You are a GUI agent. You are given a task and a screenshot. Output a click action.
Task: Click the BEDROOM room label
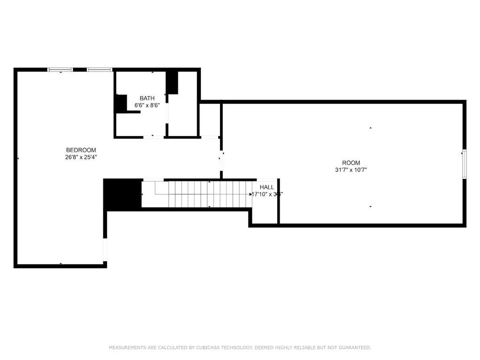click(81, 150)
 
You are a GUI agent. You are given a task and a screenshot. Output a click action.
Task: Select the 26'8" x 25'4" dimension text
click(81, 157)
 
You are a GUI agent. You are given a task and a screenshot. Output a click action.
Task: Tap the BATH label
click(147, 98)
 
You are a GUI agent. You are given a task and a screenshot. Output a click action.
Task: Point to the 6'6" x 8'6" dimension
click(147, 105)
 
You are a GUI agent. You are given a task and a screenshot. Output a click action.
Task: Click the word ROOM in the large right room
click(351, 163)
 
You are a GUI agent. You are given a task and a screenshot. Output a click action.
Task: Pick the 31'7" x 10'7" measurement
click(351, 170)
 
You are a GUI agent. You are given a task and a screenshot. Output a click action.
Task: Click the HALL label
click(267, 187)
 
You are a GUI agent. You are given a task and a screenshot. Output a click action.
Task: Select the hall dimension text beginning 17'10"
click(267, 194)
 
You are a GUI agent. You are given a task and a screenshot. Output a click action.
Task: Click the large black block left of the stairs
click(122, 194)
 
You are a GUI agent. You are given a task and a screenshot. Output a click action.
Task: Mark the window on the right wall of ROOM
click(464, 164)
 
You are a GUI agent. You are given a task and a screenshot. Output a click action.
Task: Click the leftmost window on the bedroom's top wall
click(61, 70)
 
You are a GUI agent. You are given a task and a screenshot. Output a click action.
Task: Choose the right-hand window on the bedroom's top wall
click(99, 70)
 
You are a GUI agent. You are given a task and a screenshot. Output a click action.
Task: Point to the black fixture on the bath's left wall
click(121, 104)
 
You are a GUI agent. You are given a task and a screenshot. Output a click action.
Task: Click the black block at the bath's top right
click(172, 82)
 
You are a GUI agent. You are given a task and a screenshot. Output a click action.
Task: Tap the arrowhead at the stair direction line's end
click(251, 194)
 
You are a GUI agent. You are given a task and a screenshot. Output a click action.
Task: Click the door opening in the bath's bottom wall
click(153, 137)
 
